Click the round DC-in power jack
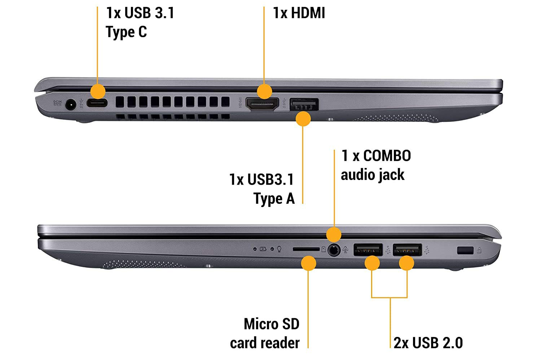[x=70, y=105]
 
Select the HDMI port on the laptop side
[x=262, y=104]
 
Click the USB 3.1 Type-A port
[x=304, y=105]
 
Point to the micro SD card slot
[x=306, y=249]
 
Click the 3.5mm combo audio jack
[x=334, y=250]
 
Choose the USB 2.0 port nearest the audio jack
[x=368, y=250]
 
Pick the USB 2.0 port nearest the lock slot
[x=407, y=250]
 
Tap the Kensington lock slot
[x=465, y=250]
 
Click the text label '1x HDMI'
[x=299, y=13]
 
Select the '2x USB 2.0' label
[x=428, y=343]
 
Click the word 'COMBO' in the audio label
[x=387, y=156]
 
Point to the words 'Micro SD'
[x=272, y=324]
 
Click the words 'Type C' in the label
[x=126, y=32]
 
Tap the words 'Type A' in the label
[x=274, y=199]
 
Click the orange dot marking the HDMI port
[x=264, y=91]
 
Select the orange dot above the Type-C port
[x=97, y=91]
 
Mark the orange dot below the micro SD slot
[x=308, y=263]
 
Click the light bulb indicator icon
[x=279, y=249]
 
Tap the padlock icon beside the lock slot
[x=479, y=250]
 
